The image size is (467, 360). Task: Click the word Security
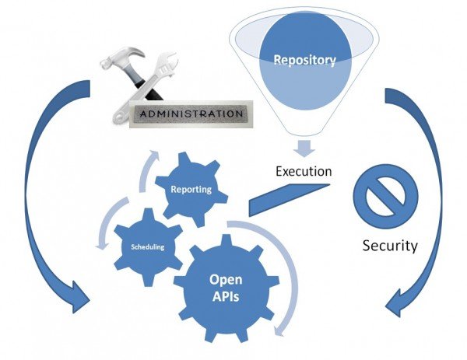[390, 246]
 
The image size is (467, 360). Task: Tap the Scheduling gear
[148, 246]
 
